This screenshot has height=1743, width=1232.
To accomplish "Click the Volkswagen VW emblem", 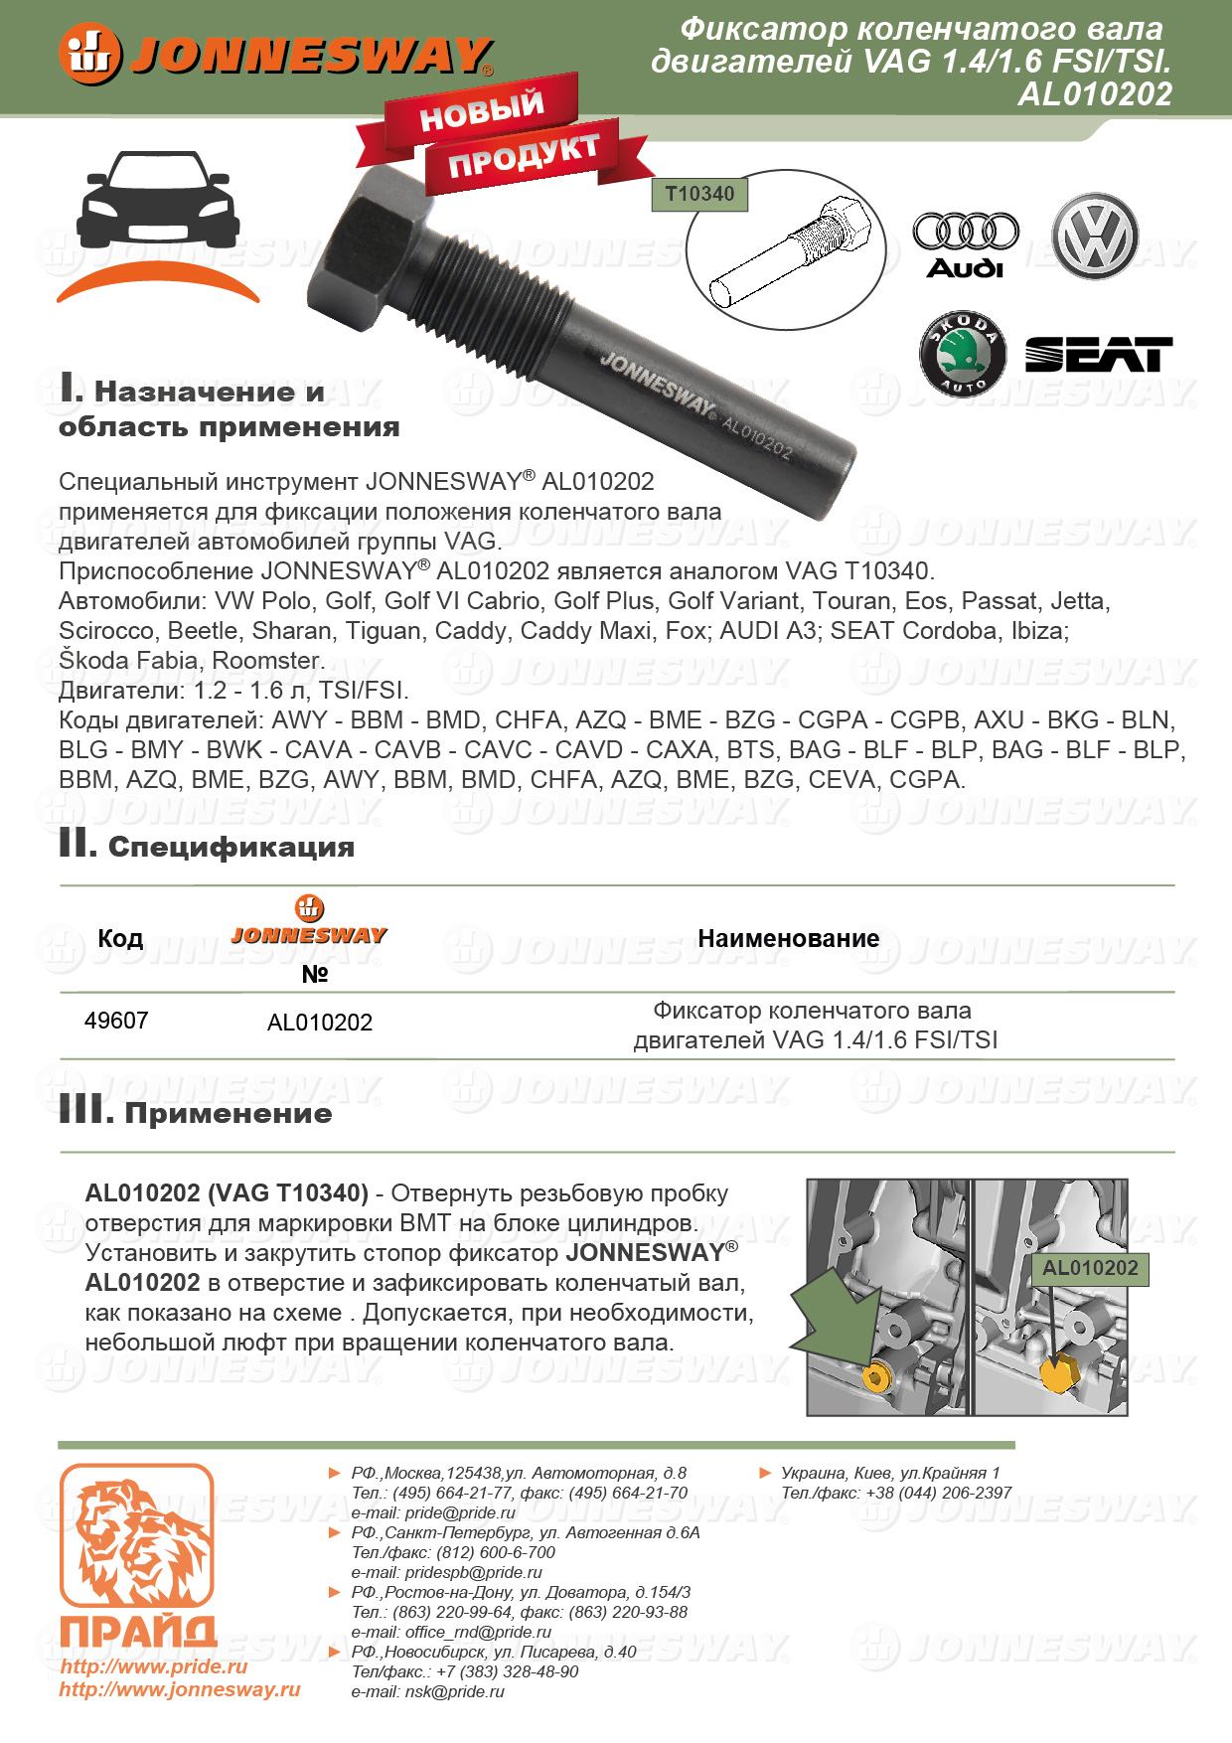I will pyautogui.click(x=1095, y=237).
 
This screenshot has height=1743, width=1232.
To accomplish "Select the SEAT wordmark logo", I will pyautogui.click(x=1098, y=355).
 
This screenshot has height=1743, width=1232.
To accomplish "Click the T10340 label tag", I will pyautogui.click(x=699, y=195).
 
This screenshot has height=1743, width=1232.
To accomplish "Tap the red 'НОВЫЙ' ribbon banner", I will pyautogui.click(x=481, y=111).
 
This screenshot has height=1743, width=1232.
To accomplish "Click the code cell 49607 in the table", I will pyautogui.click(x=116, y=1021).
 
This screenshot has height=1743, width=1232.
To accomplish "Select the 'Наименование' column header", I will pyautogui.click(x=788, y=938).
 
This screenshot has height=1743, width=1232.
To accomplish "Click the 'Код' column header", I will pyautogui.click(x=120, y=938).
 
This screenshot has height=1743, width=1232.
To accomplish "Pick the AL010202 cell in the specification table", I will pyautogui.click(x=320, y=1023).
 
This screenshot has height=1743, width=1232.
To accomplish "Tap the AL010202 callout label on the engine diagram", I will pyautogui.click(x=1090, y=1268).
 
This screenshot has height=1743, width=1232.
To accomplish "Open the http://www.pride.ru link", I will pyautogui.click(x=154, y=1666).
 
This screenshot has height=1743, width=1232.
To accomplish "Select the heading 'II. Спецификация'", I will pyautogui.click(x=207, y=846).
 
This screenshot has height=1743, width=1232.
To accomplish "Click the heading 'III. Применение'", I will pyautogui.click(x=196, y=1112).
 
